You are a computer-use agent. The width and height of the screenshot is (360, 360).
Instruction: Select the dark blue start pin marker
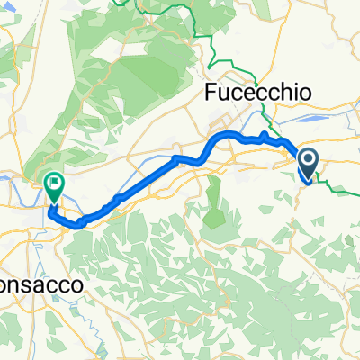307,165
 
